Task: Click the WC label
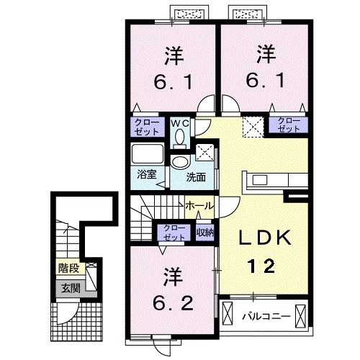[179, 122]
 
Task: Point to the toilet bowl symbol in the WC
[180, 135]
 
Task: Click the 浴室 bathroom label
[148, 175]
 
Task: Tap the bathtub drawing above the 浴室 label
[148, 155]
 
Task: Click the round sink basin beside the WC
[179, 162]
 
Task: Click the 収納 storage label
[204, 232]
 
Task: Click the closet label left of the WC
[148, 127]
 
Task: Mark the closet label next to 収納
[174, 232]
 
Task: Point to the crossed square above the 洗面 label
[204, 153]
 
